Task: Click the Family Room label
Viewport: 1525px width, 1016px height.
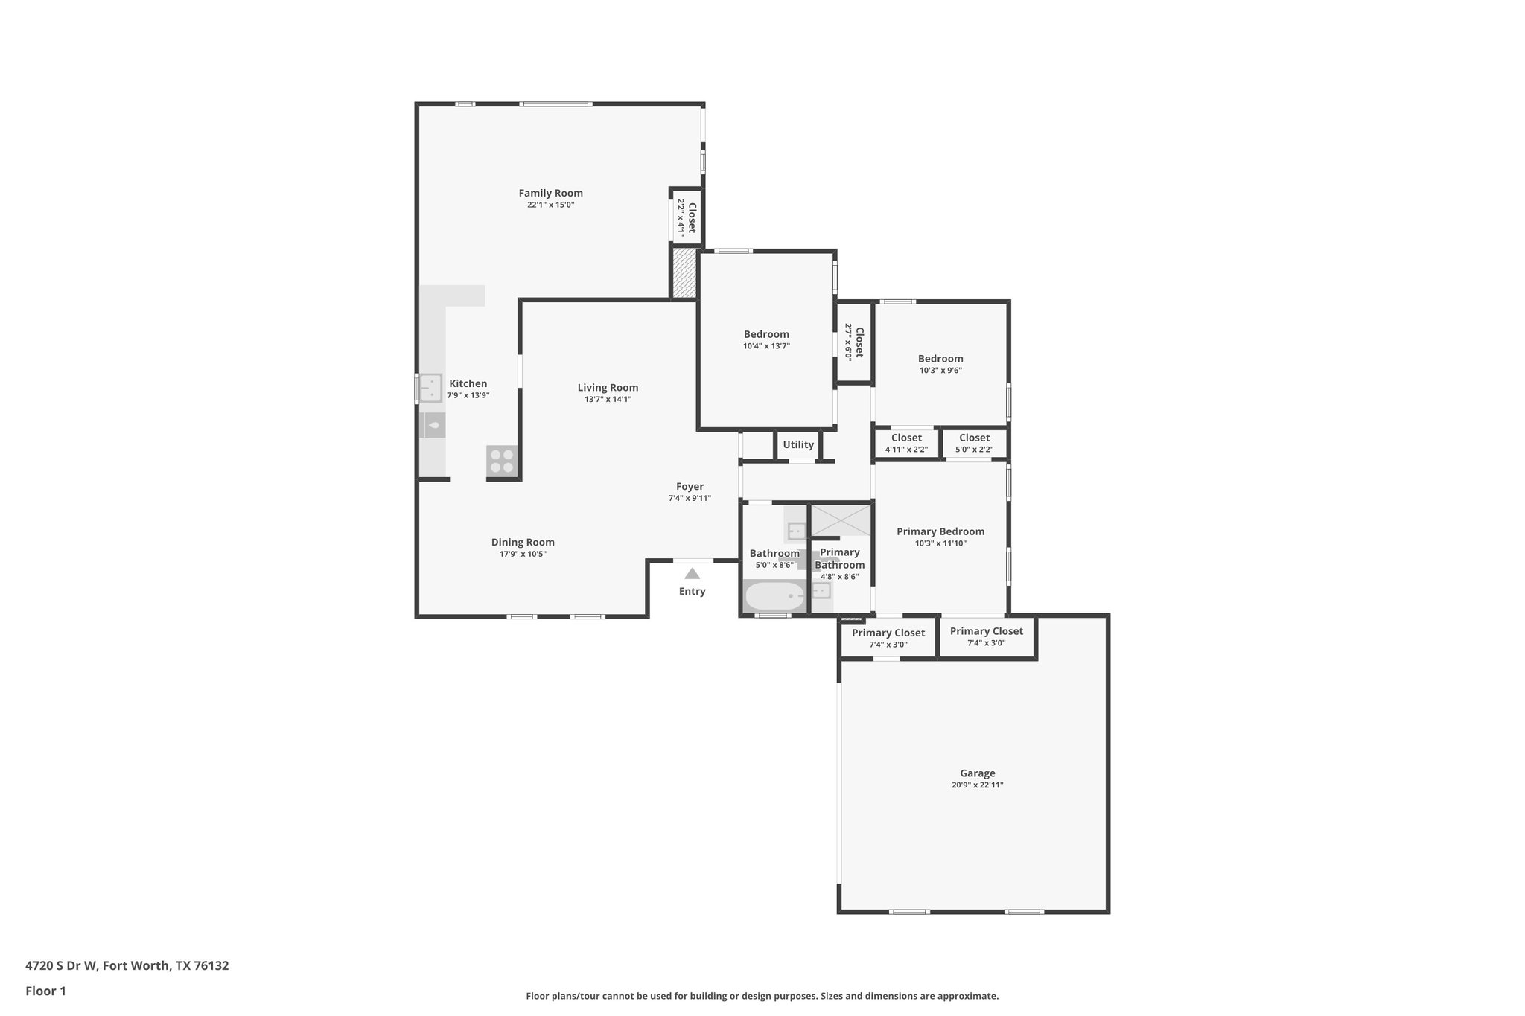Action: [x=550, y=193]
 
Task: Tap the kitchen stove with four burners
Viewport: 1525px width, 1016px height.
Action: [x=501, y=461]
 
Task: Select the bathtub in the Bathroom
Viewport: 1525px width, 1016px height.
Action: [x=774, y=596]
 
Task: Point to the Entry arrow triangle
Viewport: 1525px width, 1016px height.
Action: [x=692, y=573]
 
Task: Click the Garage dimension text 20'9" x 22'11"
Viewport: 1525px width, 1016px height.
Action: [x=977, y=785]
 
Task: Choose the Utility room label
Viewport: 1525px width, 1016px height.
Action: [x=798, y=444]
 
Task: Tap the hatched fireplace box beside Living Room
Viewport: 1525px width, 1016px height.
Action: [x=684, y=273]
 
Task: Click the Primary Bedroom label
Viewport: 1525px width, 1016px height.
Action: [x=940, y=531]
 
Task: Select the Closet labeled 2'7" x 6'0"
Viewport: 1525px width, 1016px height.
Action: [x=854, y=342]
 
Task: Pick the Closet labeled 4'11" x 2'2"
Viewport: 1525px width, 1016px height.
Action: [x=906, y=443]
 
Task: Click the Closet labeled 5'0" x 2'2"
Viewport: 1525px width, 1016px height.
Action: [x=974, y=443]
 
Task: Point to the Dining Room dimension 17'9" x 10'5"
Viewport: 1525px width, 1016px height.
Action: [x=523, y=554]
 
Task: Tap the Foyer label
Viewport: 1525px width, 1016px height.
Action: [x=690, y=487]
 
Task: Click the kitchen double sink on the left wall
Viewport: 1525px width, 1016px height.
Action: [x=430, y=388]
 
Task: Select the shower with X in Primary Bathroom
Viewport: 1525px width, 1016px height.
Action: [x=840, y=520]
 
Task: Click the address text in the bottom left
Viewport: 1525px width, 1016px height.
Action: [x=127, y=966]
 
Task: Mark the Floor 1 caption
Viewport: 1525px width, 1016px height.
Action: [x=45, y=991]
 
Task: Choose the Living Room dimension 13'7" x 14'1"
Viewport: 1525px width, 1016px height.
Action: [x=608, y=399]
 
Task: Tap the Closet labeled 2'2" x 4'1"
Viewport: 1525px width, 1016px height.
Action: [x=687, y=217]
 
